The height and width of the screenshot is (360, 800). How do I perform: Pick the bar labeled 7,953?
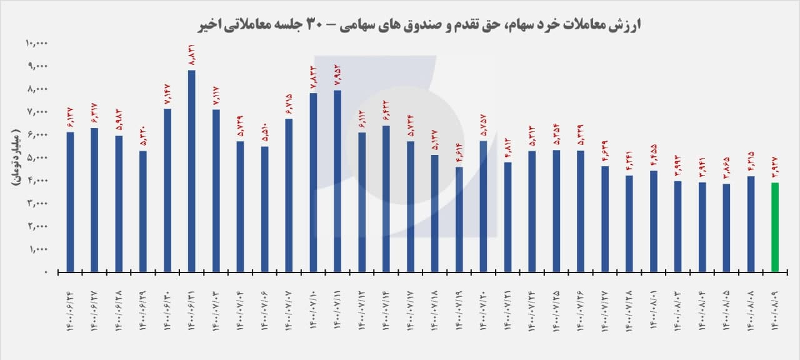(337, 181)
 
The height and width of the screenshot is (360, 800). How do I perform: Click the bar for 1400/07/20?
(483, 206)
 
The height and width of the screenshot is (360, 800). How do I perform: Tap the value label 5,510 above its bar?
(264, 132)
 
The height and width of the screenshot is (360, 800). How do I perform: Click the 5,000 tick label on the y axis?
(39, 157)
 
